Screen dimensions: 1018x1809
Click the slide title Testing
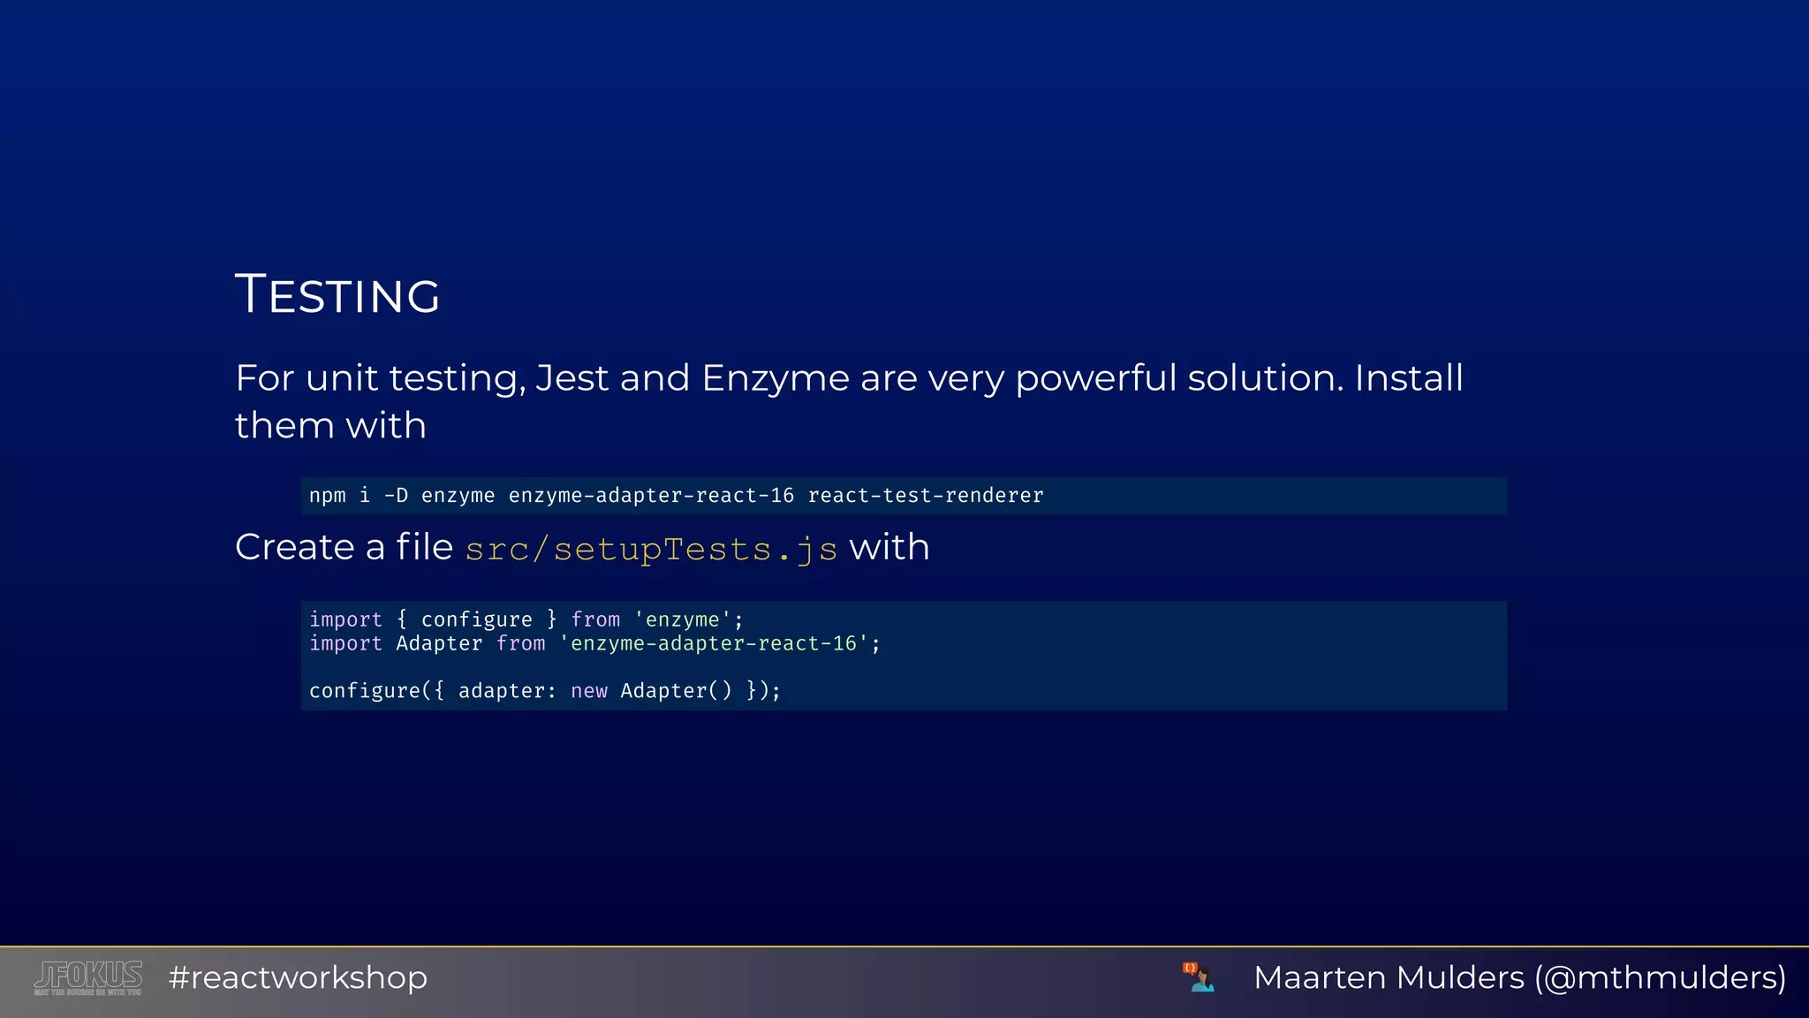point(337,294)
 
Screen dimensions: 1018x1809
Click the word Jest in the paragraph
point(571,378)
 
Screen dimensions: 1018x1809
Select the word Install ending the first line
point(1408,378)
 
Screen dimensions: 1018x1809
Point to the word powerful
point(1095,378)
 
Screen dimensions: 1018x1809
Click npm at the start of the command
point(327,496)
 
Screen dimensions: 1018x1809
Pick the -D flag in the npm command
point(396,496)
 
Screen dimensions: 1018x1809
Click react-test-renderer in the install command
point(925,496)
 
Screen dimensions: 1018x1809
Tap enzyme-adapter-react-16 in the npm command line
point(651,496)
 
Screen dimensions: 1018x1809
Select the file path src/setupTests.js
point(651,549)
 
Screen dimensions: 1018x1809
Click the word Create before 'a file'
point(297,547)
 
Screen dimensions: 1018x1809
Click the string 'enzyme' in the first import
point(683,619)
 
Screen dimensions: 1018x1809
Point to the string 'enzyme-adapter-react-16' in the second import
point(714,643)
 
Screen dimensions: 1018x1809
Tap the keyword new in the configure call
point(588,690)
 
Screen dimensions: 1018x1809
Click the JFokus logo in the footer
point(88,977)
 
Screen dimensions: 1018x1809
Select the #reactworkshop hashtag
point(298,977)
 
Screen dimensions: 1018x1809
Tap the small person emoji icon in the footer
point(1199,977)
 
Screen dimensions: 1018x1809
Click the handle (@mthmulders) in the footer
point(1660,977)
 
